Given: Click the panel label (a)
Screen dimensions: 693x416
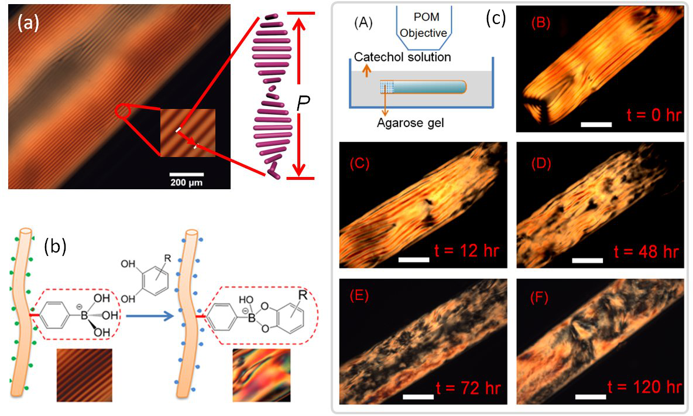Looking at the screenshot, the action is tap(28, 23).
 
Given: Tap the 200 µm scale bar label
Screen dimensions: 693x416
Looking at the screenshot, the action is tap(187, 182).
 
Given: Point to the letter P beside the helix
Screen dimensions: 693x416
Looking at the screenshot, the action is tap(303, 103).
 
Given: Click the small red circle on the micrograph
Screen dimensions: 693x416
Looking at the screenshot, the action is tap(122, 111).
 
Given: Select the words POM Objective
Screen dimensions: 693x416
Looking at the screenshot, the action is tap(424, 25).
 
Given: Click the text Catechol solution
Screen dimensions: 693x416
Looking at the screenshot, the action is tap(402, 57).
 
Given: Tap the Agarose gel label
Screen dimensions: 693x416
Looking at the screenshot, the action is tap(410, 123).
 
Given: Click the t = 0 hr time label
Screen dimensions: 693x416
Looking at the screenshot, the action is tap(654, 115).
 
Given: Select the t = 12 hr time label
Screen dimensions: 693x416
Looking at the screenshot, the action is tap(466, 251).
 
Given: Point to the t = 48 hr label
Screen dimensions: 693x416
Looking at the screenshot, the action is tap(646, 252).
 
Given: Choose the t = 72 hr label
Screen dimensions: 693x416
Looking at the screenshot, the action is tap(468, 388).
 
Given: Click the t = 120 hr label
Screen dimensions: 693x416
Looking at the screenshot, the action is tap(644, 387).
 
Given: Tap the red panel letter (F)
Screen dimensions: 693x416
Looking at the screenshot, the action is tap(539, 298).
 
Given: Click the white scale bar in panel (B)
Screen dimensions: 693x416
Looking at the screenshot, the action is tap(596, 125).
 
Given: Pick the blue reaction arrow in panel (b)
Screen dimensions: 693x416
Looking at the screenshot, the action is tap(149, 316).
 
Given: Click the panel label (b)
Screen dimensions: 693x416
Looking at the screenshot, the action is tap(55, 247).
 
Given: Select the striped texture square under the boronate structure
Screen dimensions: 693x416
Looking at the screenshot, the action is tap(84, 376).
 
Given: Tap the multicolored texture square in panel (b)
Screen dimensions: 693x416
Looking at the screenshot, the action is tap(262, 376).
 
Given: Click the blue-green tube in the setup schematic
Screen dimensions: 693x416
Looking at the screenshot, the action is tap(424, 87).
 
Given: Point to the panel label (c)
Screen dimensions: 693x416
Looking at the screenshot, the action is tap(495, 18).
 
